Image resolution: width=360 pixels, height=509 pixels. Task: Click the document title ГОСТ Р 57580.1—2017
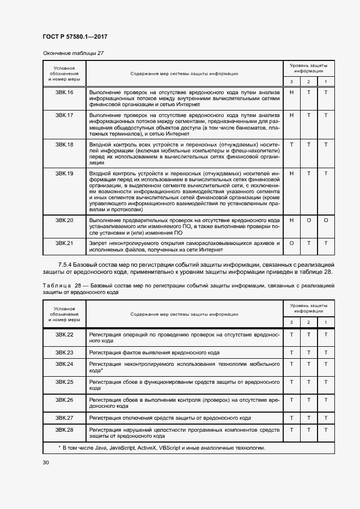click(x=74, y=36)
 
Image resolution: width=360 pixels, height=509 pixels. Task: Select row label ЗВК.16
click(x=64, y=92)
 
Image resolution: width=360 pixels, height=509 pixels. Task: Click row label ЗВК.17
click(x=64, y=115)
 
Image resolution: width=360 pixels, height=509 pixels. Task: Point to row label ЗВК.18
click(x=64, y=144)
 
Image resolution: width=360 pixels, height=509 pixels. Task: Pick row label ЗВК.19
click(x=64, y=173)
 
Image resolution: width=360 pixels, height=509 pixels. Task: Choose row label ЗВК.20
click(x=64, y=220)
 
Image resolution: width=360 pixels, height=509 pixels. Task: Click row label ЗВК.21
click(x=64, y=243)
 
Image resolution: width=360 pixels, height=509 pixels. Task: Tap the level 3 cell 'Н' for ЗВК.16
click(x=291, y=92)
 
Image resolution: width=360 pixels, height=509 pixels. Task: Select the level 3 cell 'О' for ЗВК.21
click(x=291, y=243)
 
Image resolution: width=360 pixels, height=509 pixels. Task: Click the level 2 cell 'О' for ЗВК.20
click(x=309, y=220)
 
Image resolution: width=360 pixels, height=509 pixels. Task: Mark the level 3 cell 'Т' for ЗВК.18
click(x=291, y=144)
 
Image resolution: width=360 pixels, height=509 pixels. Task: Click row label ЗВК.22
click(x=64, y=334)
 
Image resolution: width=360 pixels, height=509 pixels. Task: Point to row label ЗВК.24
click(x=64, y=363)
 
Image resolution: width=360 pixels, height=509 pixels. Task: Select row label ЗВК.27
click(x=64, y=418)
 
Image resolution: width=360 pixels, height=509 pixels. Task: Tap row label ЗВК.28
click(x=64, y=430)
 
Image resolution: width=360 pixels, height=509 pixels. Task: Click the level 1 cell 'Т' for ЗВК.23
click(x=326, y=352)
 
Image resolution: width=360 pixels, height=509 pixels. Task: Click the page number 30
click(x=46, y=463)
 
